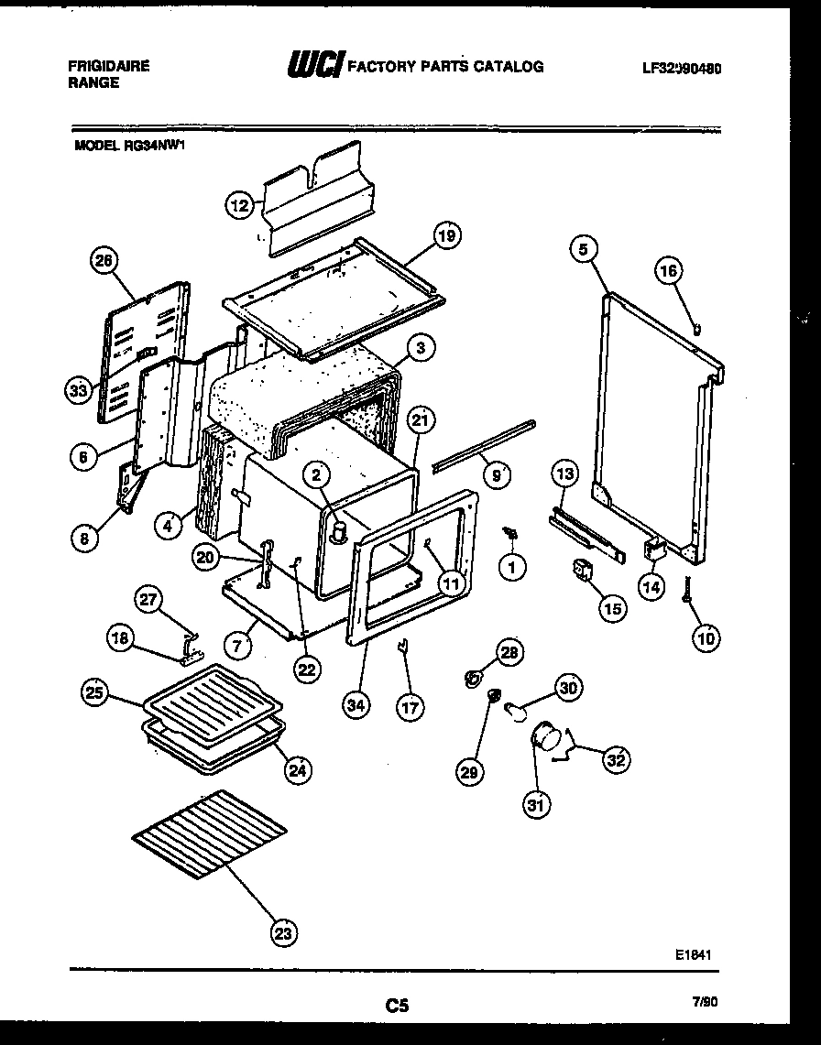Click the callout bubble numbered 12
coord(239,206)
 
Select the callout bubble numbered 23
coord(285,933)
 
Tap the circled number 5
coord(583,247)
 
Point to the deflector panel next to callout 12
coord(316,201)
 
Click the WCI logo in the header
coord(316,67)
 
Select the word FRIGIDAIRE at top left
coord(108,66)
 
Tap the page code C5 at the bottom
coord(396,1007)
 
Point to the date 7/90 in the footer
coord(705,1003)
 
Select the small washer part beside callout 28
coord(474,679)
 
